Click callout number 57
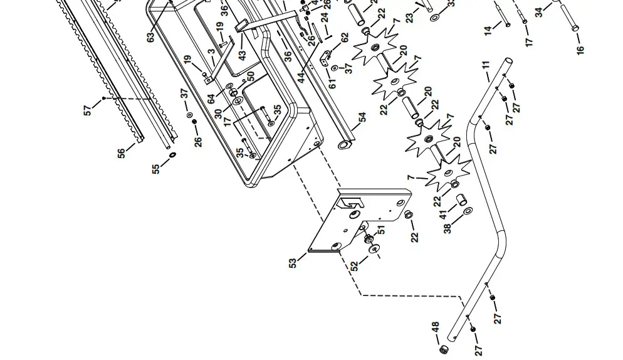click(88, 110)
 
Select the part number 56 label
click(122, 152)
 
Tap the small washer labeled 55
click(172, 154)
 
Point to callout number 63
click(150, 36)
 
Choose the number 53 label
click(293, 263)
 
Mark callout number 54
click(362, 118)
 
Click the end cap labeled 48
click(444, 349)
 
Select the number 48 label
click(435, 328)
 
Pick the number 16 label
click(580, 50)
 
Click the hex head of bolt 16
click(575, 28)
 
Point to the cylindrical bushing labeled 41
click(460, 201)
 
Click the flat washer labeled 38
click(467, 213)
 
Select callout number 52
click(355, 265)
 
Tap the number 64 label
click(212, 98)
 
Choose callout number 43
click(243, 55)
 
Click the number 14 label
click(488, 29)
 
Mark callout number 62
click(344, 38)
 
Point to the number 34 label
click(538, 13)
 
